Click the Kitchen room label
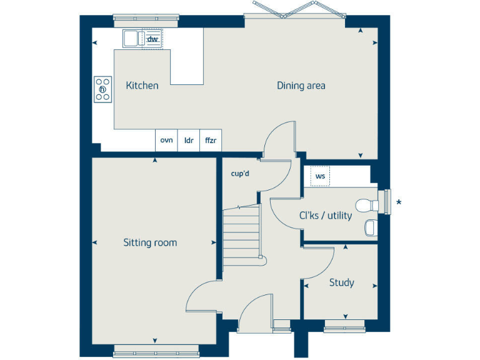pyautogui.click(x=142, y=86)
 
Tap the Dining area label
pyautogui.click(x=301, y=86)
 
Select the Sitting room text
pyautogui.click(x=150, y=242)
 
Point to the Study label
pyautogui.click(x=341, y=282)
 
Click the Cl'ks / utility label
pyautogui.click(x=325, y=216)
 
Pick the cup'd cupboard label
pyautogui.click(x=240, y=174)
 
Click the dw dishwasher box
pyautogui.click(x=152, y=39)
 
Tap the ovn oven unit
pyautogui.click(x=166, y=141)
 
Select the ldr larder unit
pyautogui.click(x=188, y=141)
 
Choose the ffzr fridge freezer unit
pyautogui.click(x=211, y=141)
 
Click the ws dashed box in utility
pyautogui.click(x=320, y=177)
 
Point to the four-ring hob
pyautogui.click(x=103, y=89)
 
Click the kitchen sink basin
pyautogui.click(x=131, y=39)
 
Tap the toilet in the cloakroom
pyautogui.click(x=366, y=204)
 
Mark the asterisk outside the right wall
pyautogui.click(x=399, y=202)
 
